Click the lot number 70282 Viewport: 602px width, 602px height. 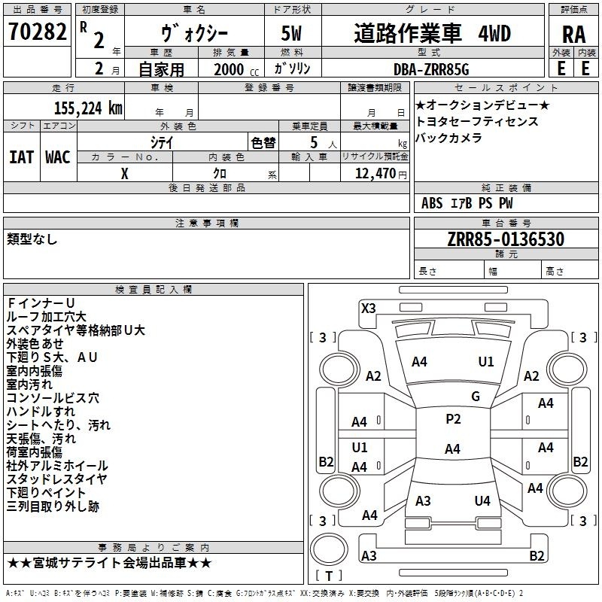pyautogui.click(x=37, y=32)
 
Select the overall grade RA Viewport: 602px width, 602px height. pyautogui.click(x=573, y=35)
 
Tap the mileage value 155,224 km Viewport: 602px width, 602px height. pyautogui.click(x=88, y=108)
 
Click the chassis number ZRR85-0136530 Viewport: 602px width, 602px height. pyautogui.click(x=506, y=239)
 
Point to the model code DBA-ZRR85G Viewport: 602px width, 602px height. pyautogui.click(x=431, y=69)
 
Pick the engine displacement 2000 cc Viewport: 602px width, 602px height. pyautogui.click(x=236, y=69)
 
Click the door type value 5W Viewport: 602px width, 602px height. pyautogui.click(x=291, y=33)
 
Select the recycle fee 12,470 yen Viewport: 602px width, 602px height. pyautogui.click(x=381, y=174)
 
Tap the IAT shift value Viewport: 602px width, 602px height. pyautogui.click(x=22, y=157)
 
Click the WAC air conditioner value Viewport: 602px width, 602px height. pyautogui.click(x=58, y=157)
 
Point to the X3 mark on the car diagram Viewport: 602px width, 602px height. pyautogui.click(x=369, y=309)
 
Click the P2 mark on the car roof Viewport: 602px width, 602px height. pyautogui.click(x=453, y=419)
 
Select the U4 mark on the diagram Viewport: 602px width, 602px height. pyautogui.click(x=482, y=500)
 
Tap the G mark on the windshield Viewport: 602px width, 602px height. pyautogui.click(x=476, y=397)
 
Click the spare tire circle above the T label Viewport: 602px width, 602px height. pyautogui.click(x=329, y=549)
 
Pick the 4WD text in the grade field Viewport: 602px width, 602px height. pyautogui.click(x=494, y=34)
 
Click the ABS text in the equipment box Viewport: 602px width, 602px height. pyautogui.click(x=432, y=203)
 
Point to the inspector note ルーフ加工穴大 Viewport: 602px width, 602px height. pyautogui.click(x=47, y=317)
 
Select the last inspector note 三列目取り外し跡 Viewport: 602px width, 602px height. pyautogui.click(x=53, y=506)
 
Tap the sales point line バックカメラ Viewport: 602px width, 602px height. pyautogui.click(x=448, y=138)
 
